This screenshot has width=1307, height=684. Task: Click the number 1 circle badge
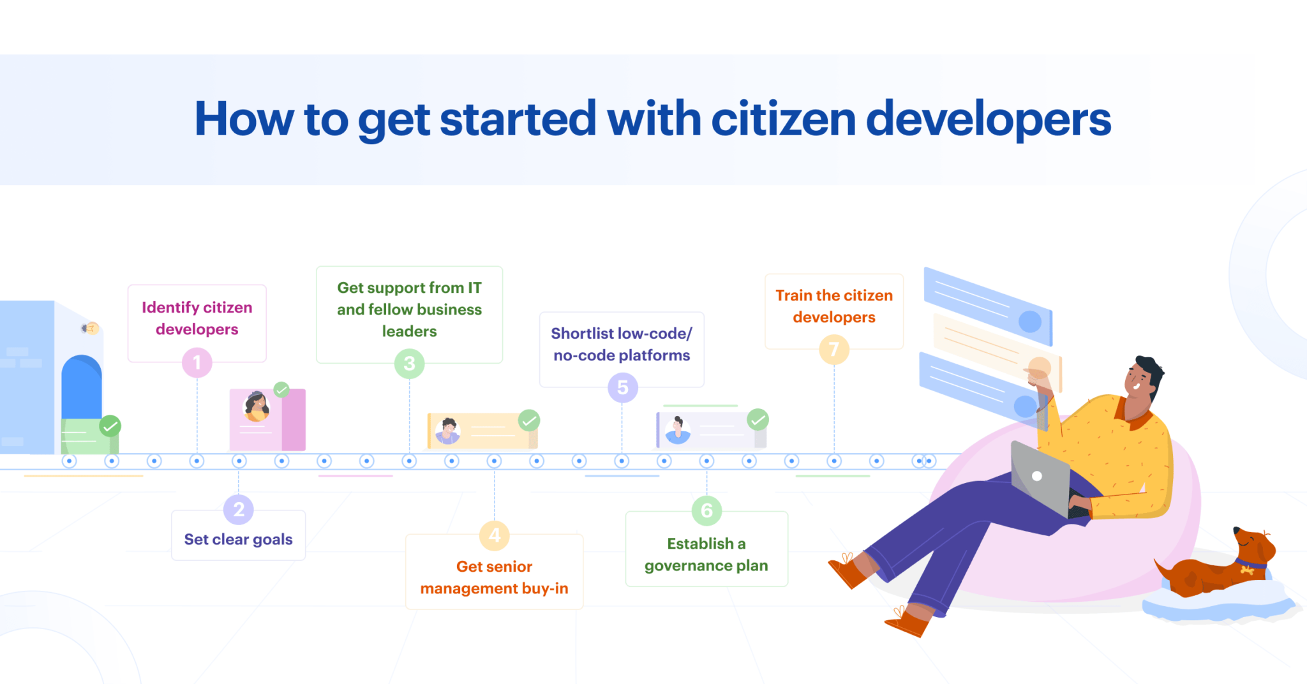click(x=197, y=362)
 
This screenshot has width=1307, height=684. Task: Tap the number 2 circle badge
click(x=239, y=509)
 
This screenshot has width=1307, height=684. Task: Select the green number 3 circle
click(x=410, y=364)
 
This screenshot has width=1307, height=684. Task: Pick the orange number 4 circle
click(x=495, y=535)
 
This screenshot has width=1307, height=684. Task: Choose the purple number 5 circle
click(x=622, y=387)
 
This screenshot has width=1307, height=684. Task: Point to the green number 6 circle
click(x=706, y=510)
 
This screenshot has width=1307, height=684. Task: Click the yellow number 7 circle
click(x=834, y=350)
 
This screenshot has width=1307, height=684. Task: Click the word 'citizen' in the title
click(x=783, y=119)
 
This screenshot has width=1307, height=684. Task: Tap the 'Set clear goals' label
click(x=239, y=540)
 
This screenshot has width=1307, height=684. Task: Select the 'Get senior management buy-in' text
click(x=495, y=577)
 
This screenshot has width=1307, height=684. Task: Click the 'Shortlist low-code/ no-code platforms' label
click(x=622, y=345)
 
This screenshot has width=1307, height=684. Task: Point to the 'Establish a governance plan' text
click(x=706, y=554)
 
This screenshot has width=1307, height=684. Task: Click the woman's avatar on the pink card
click(x=257, y=407)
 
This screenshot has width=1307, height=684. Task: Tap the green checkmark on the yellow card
click(x=529, y=420)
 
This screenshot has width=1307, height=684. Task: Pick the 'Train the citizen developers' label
click(x=834, y=306)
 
